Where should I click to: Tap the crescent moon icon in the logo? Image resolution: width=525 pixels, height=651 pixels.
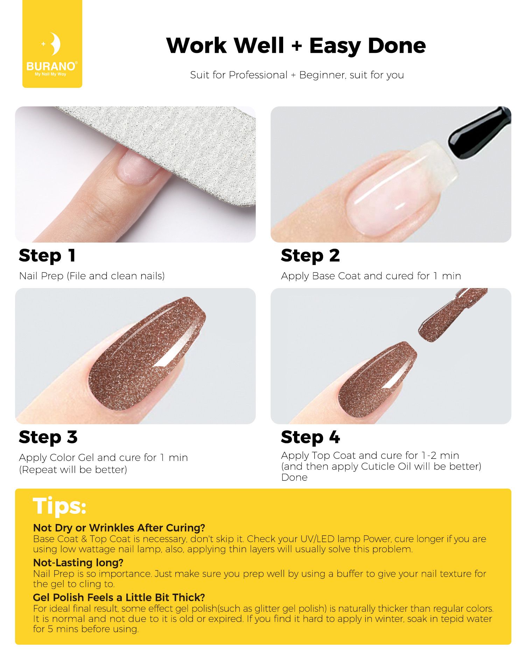click(x=55, y=44)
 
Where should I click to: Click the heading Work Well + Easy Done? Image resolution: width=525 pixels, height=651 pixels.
click(x=296, y=45)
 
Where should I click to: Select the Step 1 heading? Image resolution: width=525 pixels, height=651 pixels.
click(x=47, y=256)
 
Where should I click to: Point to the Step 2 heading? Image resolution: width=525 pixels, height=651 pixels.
click(x=310, y=256)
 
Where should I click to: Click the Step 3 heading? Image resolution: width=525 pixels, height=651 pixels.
click(x=48, y=437)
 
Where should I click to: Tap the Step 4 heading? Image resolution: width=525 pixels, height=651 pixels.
click(x=310, y=437)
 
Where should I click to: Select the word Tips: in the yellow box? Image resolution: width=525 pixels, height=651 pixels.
click(x=59, y=506)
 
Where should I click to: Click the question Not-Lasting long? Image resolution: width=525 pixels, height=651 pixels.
click(x=78, y=562)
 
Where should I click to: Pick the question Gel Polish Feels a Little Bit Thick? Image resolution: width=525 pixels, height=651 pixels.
click(x=119, y=597)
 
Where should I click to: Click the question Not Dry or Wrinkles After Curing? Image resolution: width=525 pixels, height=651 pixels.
click(x=119, y=527)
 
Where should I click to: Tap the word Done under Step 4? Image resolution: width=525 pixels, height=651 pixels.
click(x=294, y=477)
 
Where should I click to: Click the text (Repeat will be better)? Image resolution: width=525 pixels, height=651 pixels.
click(x=73, y=469)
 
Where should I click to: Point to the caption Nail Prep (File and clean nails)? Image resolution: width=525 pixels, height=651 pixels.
click(x=92, y=276)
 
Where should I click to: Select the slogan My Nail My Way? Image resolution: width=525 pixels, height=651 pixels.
click(x=50, y=74)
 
